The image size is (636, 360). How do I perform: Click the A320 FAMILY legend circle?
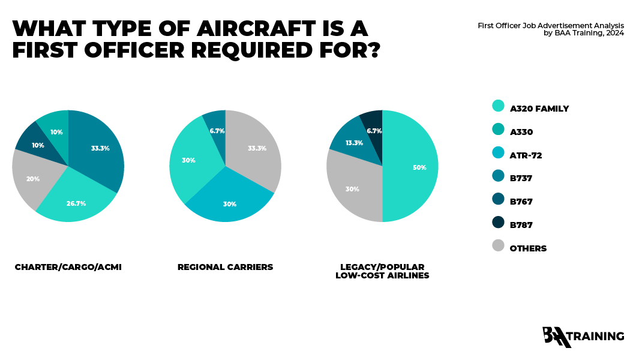click(498, 106)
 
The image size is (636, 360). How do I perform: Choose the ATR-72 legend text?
click(526, 155)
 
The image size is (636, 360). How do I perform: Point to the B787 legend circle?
click(498, 222)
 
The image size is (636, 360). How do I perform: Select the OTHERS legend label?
click(528, 248)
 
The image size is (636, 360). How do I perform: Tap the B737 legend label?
click(521, 178)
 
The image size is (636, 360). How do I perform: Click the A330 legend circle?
click(498, 129)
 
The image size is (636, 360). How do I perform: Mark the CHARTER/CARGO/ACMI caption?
click(68, 267)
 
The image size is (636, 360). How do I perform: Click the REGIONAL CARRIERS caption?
click(225, 267)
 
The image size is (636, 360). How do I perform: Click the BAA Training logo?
click(582, 337)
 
